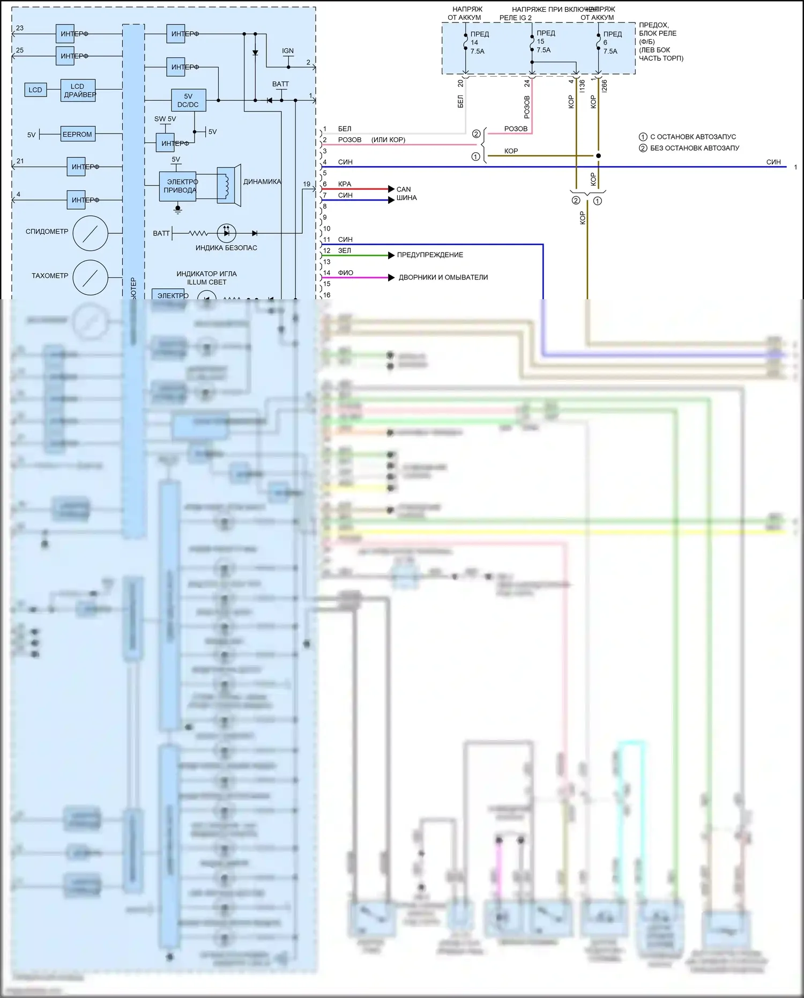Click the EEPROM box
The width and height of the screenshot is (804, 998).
77,134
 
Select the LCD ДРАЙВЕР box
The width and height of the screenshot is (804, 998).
78,90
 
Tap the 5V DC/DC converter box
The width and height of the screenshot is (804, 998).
188,100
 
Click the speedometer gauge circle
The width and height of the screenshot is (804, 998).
91,233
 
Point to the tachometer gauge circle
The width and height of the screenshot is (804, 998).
91,277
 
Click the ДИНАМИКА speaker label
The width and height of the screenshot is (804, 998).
262,182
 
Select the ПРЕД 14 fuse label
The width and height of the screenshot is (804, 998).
479,42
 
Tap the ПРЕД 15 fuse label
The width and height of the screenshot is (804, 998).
545,41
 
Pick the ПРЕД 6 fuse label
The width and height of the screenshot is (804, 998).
612,42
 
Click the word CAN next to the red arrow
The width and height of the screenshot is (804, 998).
404,189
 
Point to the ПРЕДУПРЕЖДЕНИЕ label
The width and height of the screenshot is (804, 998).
430,255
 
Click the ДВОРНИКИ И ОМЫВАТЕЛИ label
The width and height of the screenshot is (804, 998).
443,277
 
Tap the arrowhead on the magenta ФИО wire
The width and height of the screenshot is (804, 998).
391,277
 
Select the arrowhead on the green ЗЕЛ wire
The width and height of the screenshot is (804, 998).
391,255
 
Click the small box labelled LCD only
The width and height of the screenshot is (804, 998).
35,90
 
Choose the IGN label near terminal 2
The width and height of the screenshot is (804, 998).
288,51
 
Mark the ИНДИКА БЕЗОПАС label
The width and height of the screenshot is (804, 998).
226,248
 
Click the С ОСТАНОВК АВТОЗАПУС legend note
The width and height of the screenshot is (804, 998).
693,137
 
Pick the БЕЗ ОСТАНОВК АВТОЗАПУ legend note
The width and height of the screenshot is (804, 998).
694,148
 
